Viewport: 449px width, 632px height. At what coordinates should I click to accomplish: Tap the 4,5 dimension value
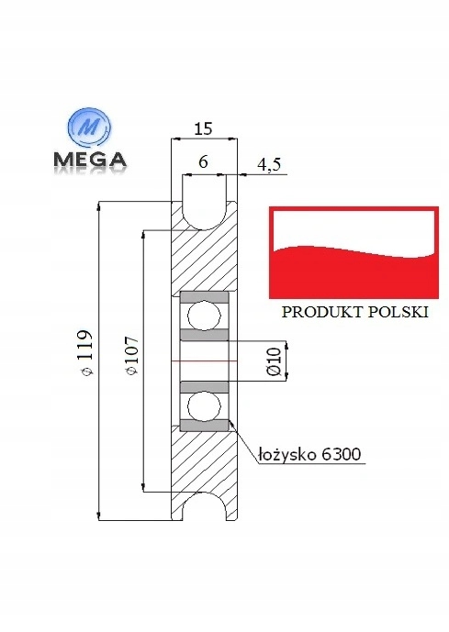269,165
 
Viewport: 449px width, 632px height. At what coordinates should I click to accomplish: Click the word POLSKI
398,311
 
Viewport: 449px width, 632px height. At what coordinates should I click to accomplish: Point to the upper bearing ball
204,316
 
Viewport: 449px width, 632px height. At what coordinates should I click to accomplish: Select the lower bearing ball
204,405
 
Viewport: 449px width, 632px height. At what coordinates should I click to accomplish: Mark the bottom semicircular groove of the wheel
204,510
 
